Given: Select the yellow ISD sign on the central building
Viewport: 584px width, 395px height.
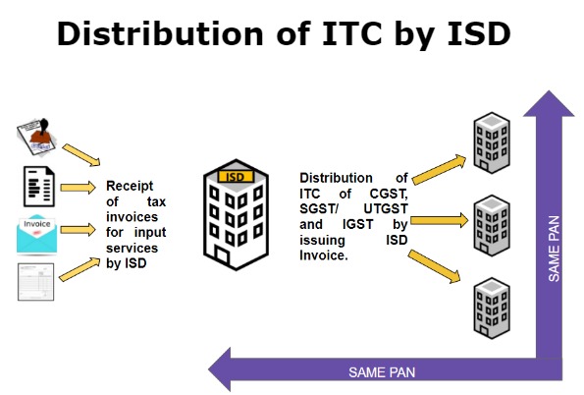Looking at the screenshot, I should (234, 177).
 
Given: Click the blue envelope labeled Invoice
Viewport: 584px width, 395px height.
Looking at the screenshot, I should (38, 233).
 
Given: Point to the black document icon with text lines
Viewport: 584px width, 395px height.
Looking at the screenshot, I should (37, 187).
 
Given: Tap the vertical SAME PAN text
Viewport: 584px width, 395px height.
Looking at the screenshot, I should (555, 251).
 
